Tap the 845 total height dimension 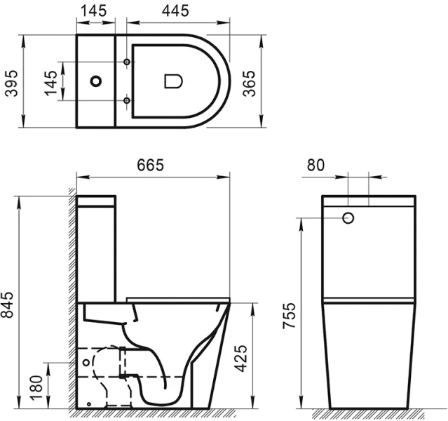pos(9,302)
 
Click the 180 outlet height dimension pos(36,385)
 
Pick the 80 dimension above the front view pos(315,166)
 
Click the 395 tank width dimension pos(9,81)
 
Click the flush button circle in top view pos(96,81)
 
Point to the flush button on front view pos(348,218)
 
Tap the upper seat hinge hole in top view pos(127,63)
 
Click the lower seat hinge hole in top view pos(127,100)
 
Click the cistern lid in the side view pos(96,201)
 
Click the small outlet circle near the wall pos(86,364)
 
